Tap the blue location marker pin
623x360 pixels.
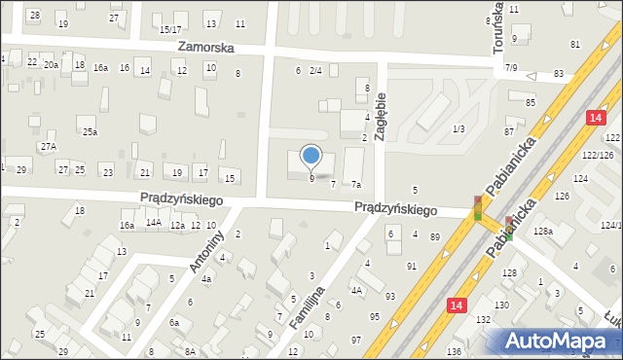click(311, 156)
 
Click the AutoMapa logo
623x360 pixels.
click(561, 341)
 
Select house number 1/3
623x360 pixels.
click(458, 128)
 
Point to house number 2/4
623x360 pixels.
click(315, 70)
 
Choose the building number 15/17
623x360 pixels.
click(170, 30)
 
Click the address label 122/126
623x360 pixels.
click(598, 155)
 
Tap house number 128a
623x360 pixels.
click(542, 231)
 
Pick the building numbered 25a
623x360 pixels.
click(90, 131)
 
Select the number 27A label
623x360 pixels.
click(48, 146)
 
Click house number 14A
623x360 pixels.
click(153, 223)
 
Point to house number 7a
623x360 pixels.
click(356, 185)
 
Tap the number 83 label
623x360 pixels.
click(558, 74)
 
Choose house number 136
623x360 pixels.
click(453, 351)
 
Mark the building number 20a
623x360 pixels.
click(51, 64)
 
